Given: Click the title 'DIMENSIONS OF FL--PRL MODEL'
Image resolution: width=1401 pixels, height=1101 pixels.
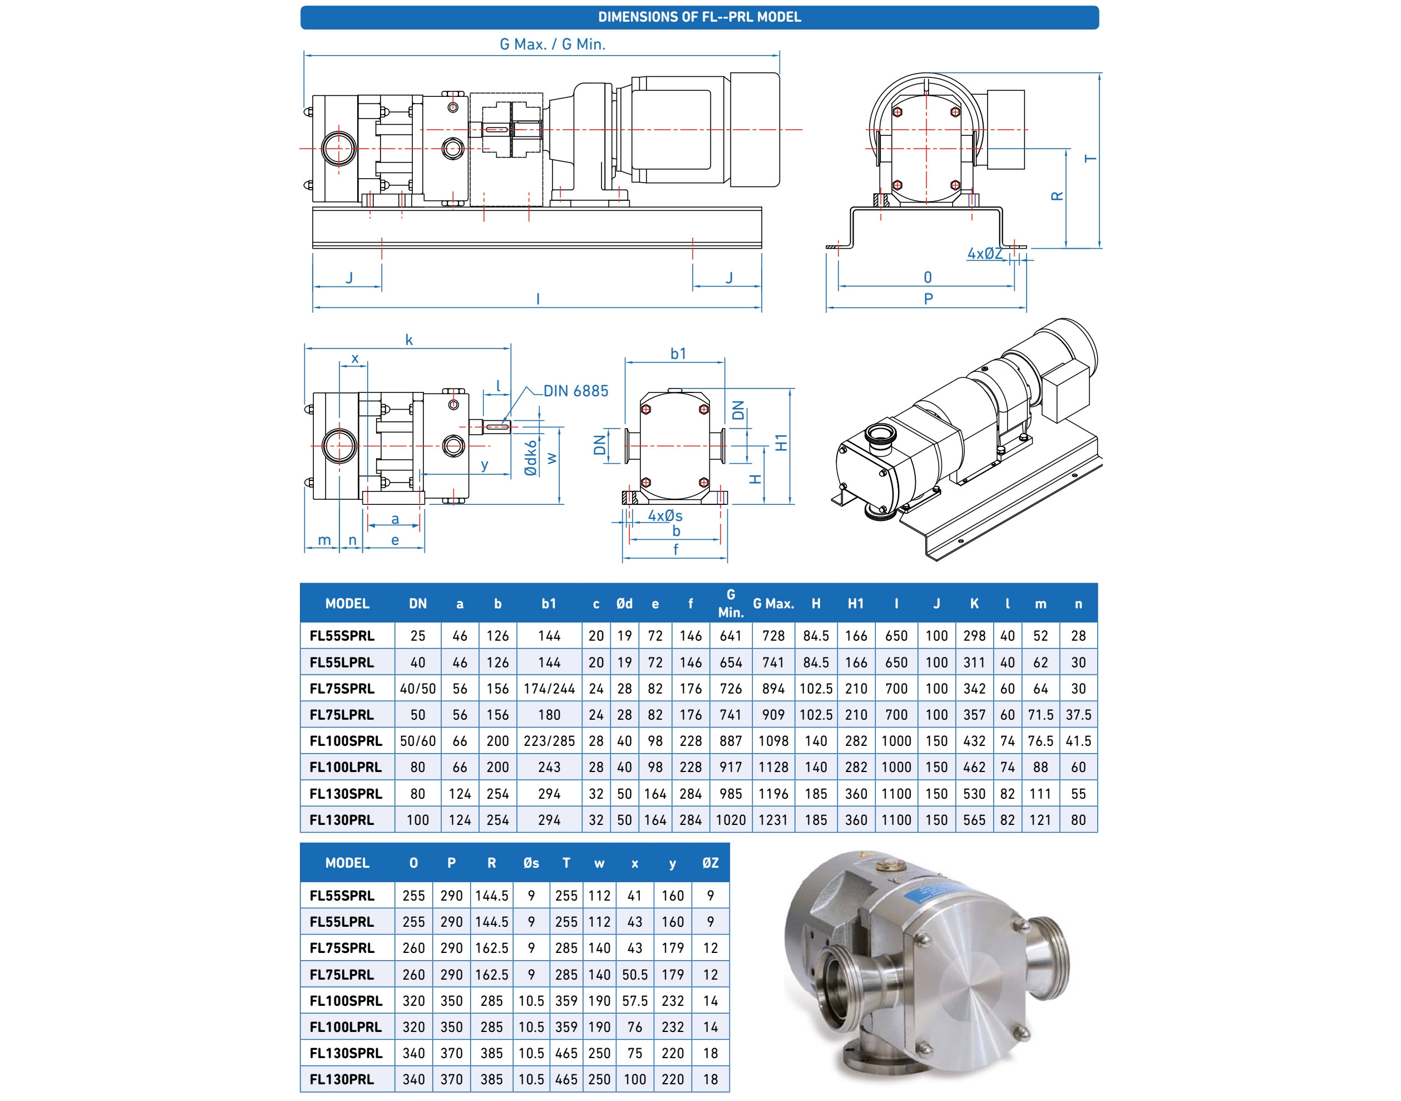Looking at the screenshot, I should [699, 17].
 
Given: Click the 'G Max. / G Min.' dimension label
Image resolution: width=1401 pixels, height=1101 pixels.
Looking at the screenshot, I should [552, 45].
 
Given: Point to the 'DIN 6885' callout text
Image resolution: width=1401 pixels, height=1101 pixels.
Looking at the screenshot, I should [575, 391].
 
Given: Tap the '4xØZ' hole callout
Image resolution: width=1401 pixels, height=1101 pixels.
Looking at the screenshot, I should [985, 253].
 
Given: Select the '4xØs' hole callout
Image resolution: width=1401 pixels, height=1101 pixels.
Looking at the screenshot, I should [664, 515].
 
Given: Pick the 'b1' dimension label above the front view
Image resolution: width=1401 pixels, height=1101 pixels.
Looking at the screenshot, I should [678, 353].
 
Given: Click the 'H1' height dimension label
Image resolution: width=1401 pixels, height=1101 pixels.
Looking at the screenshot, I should [781, 443].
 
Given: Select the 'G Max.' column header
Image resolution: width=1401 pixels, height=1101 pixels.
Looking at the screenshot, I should [773, 604].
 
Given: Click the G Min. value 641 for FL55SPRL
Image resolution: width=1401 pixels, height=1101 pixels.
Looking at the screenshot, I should [730, 636].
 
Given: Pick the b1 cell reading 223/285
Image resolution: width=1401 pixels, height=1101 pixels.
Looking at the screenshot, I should [549, 741].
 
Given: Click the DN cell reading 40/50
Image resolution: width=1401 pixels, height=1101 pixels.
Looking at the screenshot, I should [418, 689].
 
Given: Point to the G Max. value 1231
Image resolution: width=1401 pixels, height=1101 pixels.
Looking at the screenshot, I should [773, 820].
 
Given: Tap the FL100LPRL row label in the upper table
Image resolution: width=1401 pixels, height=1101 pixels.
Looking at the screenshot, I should [346, 767].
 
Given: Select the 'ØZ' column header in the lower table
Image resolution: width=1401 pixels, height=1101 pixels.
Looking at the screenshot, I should [710, 863].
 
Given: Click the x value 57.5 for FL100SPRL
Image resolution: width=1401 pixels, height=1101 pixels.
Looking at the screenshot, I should [635, 1001].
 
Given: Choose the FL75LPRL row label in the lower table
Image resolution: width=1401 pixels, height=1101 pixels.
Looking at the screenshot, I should [342, 975].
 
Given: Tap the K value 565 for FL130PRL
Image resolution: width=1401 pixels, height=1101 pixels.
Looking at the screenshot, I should [974, 820].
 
